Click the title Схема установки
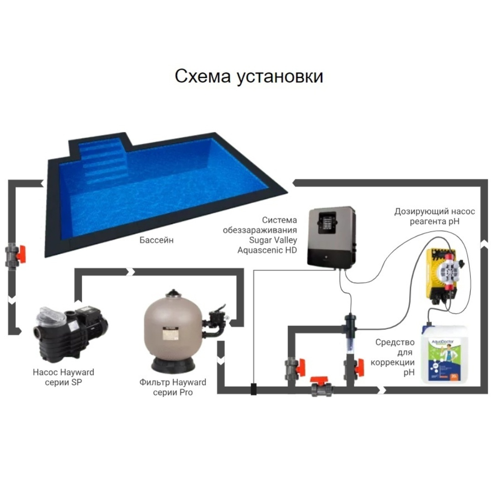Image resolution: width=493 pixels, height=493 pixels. (x=249, y=76)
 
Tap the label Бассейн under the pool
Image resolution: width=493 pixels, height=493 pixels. (x=157, y=240)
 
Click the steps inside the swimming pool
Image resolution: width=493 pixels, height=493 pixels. (x=103, y=162)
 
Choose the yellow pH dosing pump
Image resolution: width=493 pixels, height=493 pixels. (x=441, y=274)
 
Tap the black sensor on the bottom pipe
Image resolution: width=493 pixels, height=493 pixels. (x=254, y=389)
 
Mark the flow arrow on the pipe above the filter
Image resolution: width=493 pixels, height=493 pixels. (x=131, y=272)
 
